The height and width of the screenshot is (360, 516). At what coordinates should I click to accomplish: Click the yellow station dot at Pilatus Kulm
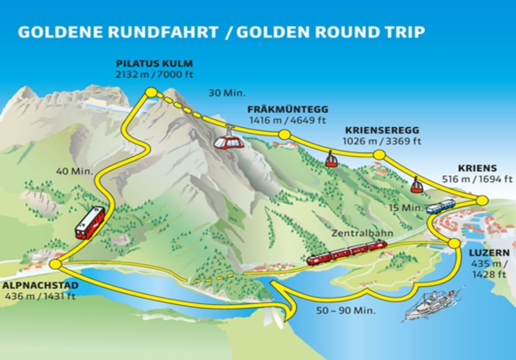click(151, 92)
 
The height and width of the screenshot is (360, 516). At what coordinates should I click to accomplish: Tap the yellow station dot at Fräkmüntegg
click(283, 135)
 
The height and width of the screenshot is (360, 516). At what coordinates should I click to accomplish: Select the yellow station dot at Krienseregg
click(379, 155)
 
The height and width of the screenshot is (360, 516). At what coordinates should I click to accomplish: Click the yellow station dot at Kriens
click(482, 200)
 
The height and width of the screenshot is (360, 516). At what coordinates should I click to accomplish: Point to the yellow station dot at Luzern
click(454, 243)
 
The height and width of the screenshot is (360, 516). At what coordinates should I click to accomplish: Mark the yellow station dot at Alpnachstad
click(56, 265)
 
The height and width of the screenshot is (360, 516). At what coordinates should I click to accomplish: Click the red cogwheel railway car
click(90, 223)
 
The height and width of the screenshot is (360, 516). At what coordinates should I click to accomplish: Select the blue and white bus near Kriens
click(441, 206)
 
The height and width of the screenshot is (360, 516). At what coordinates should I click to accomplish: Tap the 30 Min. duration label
click(227, 93)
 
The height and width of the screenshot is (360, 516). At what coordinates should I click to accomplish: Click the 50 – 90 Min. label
click(346, 311)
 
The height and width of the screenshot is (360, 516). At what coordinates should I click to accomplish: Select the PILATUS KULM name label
click(154, 64)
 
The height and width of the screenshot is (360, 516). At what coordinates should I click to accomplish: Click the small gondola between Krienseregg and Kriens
click(416, 185)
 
